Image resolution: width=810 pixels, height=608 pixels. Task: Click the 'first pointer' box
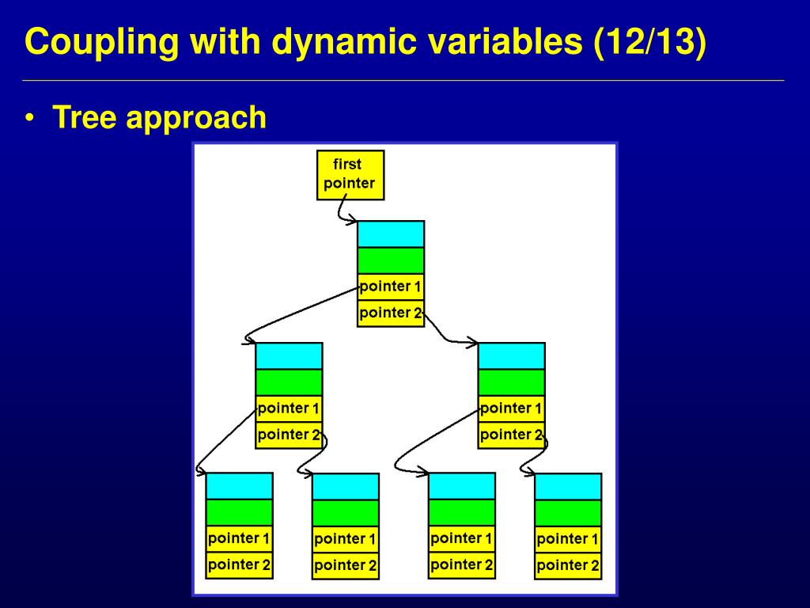pos(350,175)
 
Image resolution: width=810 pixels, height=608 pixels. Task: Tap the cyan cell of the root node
pos(391,234)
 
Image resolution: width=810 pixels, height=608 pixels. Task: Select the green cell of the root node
pos(391,260)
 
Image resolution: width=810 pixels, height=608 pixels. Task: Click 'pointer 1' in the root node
pos(391,287)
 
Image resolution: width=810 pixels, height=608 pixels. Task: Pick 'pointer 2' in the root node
pos(391,313)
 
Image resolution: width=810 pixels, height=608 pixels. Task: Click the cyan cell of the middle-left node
pos(290,356)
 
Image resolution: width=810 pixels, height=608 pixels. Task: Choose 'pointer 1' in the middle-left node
pos(290,409)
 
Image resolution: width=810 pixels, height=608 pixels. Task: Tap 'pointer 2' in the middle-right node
pos(512,435)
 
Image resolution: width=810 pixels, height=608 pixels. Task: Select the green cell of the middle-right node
pos(512,382)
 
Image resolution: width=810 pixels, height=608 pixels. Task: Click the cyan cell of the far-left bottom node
pos(239,486)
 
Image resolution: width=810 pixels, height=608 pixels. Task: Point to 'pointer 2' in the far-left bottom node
pos(239,565)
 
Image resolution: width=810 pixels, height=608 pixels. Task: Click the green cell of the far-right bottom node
pos(568,513)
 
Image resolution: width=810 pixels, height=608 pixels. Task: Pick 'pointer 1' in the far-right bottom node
pos(568,540)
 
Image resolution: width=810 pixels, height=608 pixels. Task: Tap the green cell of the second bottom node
pos(346,513)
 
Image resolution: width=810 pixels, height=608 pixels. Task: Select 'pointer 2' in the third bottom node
pos(462,565)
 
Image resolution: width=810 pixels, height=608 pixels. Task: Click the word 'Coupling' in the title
pos(102,43)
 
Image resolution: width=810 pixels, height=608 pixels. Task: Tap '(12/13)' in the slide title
pos(650,41)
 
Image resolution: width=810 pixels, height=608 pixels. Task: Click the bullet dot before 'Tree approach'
pos(30,118)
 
